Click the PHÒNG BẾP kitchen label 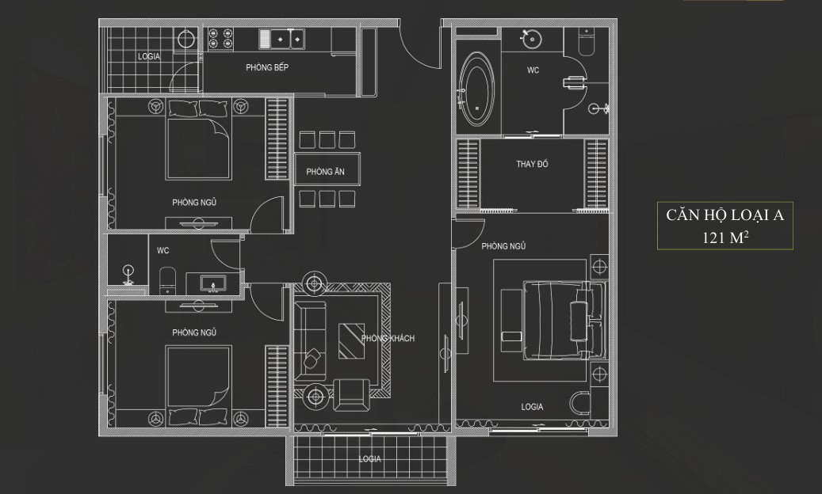(x=267, y=67)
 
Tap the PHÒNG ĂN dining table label (x=325, y=172)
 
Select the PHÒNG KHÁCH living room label (x=388, y=339)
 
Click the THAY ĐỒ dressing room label (x=532, y=164)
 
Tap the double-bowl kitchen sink (x=281, y=39)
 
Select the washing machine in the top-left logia (x=185, y=40)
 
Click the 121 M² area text (x=725, y=237)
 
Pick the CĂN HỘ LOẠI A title (x=725, y=215)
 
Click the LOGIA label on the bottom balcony (x=369, y=459)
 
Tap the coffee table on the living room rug (x=351, y=341)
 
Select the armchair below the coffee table (x=351, y=395)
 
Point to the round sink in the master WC (x=532, y=39)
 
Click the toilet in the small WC (x=166, y=280)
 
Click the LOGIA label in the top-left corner (x=149, y=56)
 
